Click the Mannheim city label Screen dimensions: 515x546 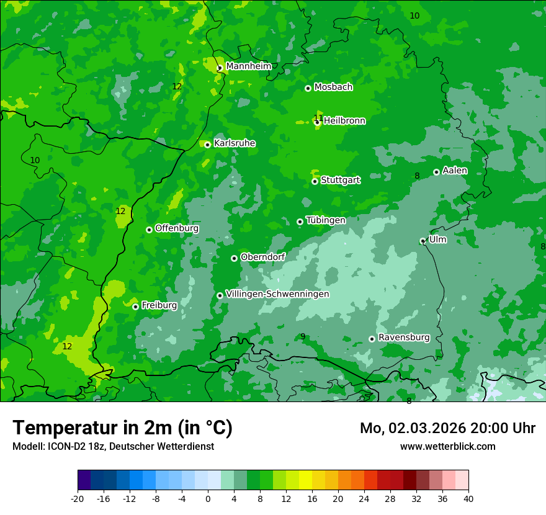[248, 66]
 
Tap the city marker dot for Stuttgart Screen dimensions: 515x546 [315, 181]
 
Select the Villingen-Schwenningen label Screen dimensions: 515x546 [277, 294]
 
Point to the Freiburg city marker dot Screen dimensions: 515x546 [135, 307]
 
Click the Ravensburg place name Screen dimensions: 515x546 [404, 338]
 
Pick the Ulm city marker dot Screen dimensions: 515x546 [423, 241]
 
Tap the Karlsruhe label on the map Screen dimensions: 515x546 [235, 143]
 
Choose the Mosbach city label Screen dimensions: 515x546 [333, 87]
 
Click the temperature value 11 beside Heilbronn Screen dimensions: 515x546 [318, 118]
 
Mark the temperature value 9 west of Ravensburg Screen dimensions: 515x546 [303, 336]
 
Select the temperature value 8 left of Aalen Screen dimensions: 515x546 [417, 176]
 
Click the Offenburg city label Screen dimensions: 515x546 [177, 228]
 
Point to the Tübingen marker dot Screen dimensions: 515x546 [300, 222]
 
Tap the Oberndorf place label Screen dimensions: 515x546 [263, 257]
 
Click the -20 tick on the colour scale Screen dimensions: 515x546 [78, 499]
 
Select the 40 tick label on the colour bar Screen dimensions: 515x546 [468, 499]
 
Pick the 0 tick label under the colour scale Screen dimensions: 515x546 [208, 499]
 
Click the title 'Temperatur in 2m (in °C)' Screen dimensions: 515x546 [122, 428]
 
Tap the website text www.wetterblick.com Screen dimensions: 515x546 [448, 446]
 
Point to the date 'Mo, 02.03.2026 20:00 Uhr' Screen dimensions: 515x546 [447, 428]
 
